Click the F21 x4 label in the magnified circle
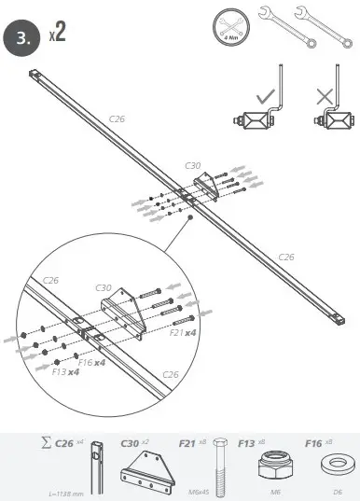pyautogui.click(x=184, y=331)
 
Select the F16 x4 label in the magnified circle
pyautogui.click(x=91, y=361)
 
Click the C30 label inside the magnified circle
pyautogui.click(x=104, y=288)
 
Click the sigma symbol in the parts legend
pyautogui.click(x=45, y=442)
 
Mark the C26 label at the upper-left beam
pyautogui.click(x=118, y=118)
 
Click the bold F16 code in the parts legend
pyautogui.click(x=306, y=442)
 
